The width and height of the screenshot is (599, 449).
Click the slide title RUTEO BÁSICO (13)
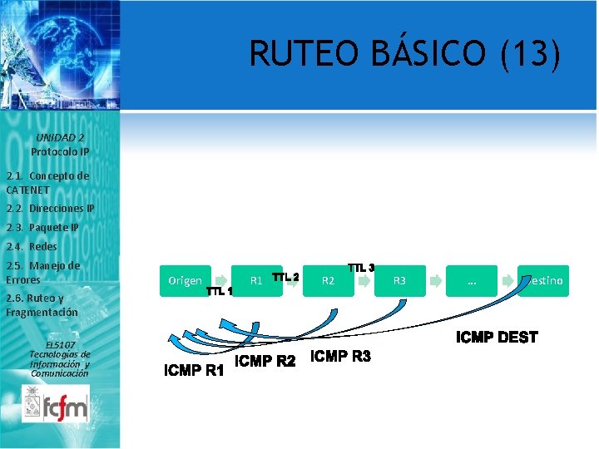tap(405, 54)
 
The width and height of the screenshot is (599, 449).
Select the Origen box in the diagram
tap(184, 281)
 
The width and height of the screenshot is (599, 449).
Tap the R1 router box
tap(256, 281)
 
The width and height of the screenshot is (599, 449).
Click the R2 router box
tap(329, 281)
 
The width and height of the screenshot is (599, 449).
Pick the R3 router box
tap(399, 281)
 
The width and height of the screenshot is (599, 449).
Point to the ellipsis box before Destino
tap(472, 281)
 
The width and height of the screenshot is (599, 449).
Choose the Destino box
tap(544, 281)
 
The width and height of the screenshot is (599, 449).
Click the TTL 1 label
tap(218, 291)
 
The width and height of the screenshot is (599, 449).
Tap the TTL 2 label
tap(285, 276)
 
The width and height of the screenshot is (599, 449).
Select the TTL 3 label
tap(361, 268)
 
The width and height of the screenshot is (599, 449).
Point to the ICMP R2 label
tap(266, 362)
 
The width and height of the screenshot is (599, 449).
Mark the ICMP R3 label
tap(340, 357)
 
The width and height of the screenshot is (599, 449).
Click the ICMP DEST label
tap(497, 337)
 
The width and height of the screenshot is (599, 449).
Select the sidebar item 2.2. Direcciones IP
tap(50, 208)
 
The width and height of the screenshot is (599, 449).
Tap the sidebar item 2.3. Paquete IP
tap(42, 227)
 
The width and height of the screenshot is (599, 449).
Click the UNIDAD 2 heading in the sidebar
tap(60, 137)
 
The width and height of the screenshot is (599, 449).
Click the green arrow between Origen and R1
tap(220, 281)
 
